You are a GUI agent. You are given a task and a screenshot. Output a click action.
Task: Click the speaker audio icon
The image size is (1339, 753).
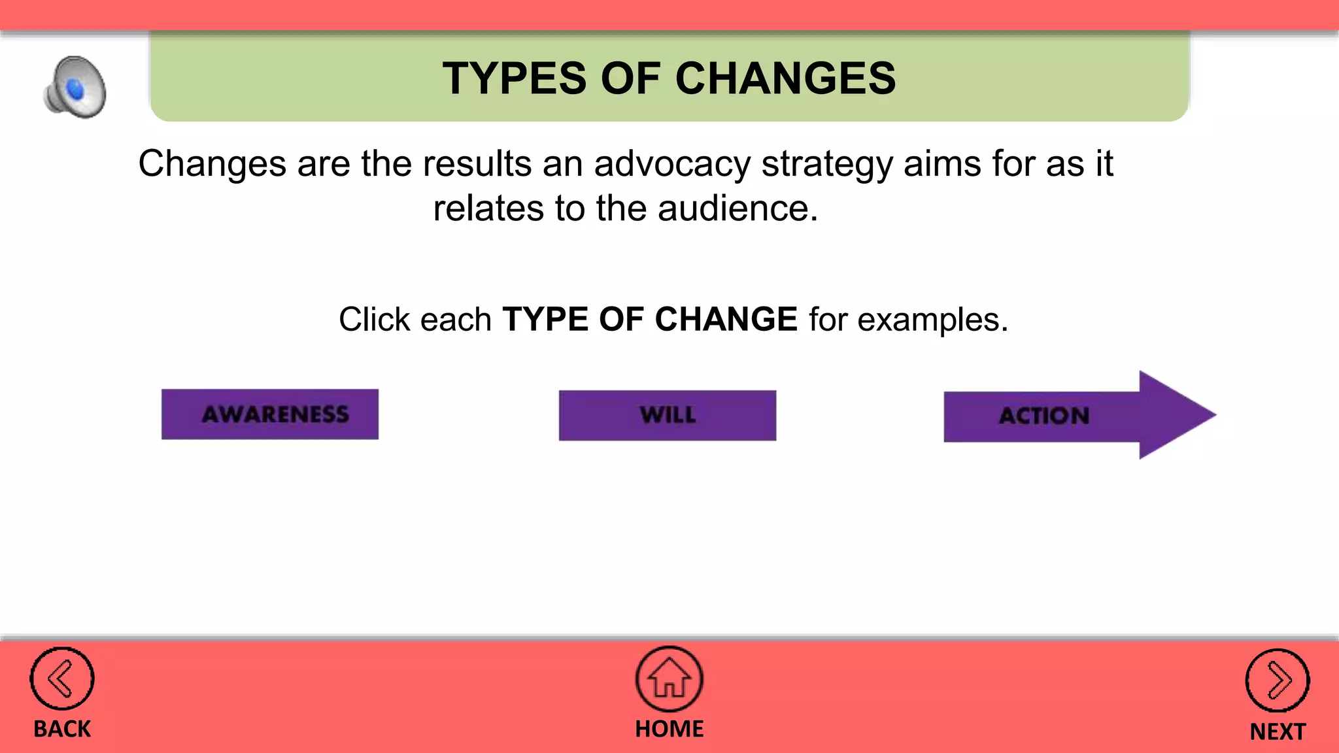[x=75, y=88]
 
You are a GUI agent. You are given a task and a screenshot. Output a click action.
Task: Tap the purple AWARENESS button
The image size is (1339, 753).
[x=270, y=414]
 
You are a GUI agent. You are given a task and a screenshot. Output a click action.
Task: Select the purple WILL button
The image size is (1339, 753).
[x=668, y=416]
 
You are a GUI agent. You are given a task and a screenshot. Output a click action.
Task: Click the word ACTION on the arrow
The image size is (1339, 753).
[x=1044, y=416]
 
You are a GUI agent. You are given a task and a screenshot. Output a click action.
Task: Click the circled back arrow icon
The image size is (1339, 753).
[x=62, y=679]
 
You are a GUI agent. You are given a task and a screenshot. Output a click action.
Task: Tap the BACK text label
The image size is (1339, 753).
[x=62, y=729]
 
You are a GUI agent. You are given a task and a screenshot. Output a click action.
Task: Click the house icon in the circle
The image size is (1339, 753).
[x=669, y=679]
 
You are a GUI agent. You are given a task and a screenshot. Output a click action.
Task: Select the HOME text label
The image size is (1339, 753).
[x=669, y=728]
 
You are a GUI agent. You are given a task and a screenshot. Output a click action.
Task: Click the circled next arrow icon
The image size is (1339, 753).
[x=1277, y=680]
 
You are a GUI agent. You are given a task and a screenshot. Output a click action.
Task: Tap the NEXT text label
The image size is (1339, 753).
[x=1277, y=731]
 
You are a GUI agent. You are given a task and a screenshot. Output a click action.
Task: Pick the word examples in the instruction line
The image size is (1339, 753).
[x=932, y=320]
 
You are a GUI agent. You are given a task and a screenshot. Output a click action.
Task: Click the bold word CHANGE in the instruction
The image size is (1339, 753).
[x=726, y=320]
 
